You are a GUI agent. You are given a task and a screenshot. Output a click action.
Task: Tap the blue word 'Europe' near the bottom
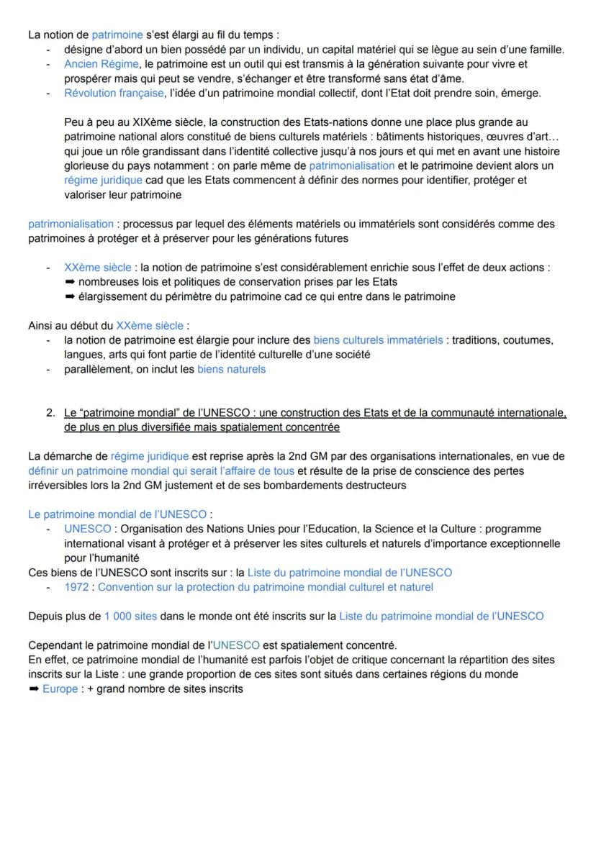(x=60, y=688)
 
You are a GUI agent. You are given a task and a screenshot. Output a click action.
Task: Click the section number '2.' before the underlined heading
(x=50, y=413)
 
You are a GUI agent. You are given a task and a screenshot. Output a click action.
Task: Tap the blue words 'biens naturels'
(x=231, y=369)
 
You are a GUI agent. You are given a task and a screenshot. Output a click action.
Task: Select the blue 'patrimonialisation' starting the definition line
(x=71, y=224)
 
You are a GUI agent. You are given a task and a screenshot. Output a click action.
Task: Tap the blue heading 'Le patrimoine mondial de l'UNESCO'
(x=117, y=514)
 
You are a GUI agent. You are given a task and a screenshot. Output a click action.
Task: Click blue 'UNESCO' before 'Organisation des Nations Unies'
(x=87, y=529)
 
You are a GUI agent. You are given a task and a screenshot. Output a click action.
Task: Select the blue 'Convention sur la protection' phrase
(x=266, y=587)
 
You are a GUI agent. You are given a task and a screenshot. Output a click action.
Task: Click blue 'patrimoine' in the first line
(x=117, y=35)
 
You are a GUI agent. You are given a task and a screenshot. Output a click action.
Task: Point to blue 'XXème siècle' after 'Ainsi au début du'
(x=150, y=325)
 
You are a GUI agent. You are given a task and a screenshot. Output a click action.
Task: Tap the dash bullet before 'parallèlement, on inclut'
(x=48, y=369)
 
